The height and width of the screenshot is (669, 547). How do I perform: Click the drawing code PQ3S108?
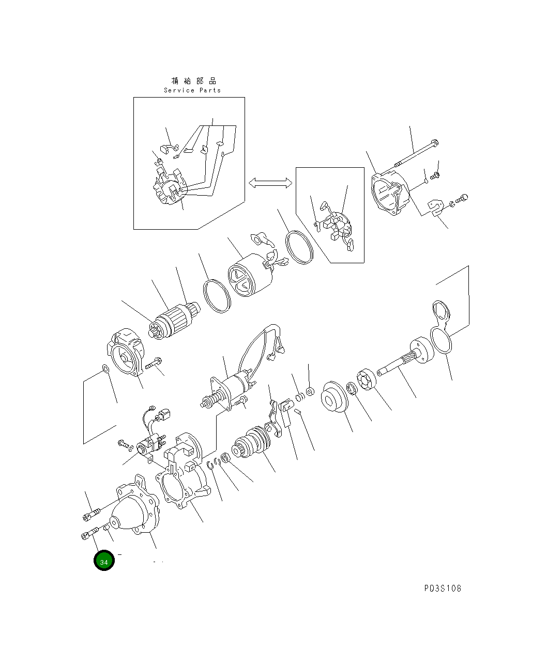tap(443, 588)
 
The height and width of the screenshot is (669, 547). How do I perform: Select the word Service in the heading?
tap(179, 90)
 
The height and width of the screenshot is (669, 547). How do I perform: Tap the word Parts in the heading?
tap(210, 90)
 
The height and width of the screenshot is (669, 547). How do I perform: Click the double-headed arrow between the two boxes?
tap(270, 183)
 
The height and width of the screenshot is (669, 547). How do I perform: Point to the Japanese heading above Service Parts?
tap(194, 81)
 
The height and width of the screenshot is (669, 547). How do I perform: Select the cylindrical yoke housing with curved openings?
tap(250, 275)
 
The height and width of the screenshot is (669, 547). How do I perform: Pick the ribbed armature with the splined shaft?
tap(175, 321)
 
